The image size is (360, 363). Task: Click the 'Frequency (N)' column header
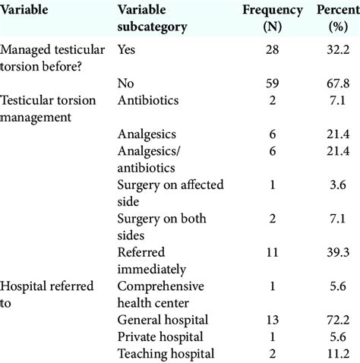pyautogui.click(x=270, y=19)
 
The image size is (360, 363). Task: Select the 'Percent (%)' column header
pyautogui.click(x=336, y=19)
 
